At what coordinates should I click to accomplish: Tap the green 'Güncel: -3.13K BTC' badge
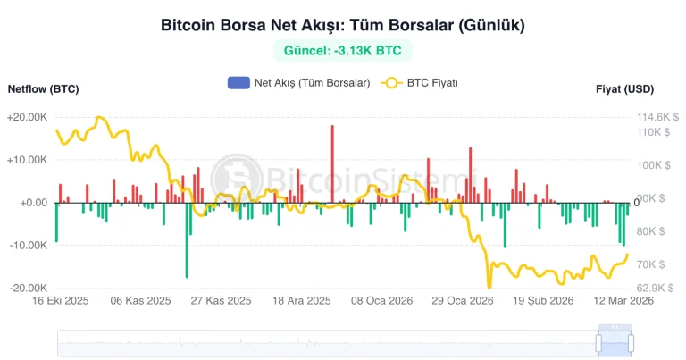pyautogui.click(x=342, y=51)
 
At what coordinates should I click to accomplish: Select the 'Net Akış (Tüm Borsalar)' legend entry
pyautogui.click(x=299, y=83)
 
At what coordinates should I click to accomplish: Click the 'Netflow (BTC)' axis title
pyautogui.click(x=43, y=89)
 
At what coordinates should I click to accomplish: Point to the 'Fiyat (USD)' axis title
pyautogui.click(x=625, y=89)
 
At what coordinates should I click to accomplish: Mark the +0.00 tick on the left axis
pyautogui.click(x=31, y=203)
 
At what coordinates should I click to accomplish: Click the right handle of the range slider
pyautogui.click(x=631, y=342)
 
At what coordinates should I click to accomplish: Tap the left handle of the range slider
pyautogui.click(x=599, y=342)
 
